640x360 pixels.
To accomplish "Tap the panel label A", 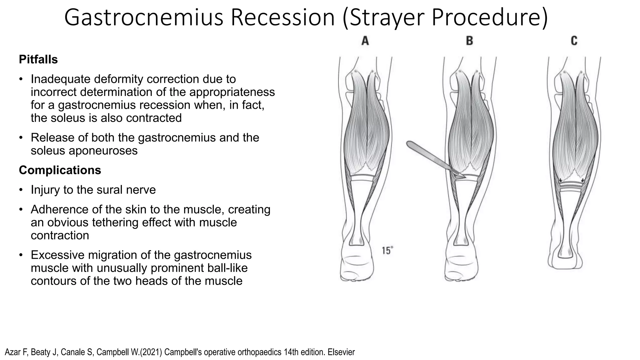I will point(365,41).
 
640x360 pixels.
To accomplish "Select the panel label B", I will point(469,41).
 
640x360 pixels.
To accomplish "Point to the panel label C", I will point(574,41).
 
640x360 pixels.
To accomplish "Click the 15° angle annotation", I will point(387,250).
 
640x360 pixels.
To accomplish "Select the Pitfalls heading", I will point(38,59).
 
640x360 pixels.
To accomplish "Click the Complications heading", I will point(60,170).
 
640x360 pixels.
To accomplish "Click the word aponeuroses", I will point(84,151).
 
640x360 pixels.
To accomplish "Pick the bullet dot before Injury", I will point(21,190).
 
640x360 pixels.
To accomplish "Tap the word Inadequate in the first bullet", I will point(60,79).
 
